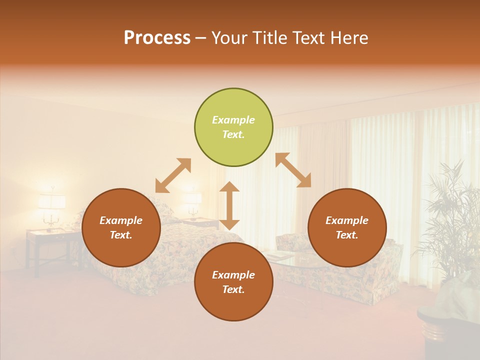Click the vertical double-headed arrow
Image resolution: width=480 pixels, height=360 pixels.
[x=229, y=206]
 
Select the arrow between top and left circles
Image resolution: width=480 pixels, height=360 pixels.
[x=173, y=175]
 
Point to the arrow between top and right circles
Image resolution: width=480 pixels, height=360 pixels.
[x=293, y=170]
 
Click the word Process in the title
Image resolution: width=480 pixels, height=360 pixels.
[x=157, y=38]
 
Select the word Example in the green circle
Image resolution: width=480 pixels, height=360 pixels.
[x=233, y=120]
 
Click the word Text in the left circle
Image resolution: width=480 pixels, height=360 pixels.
[x=121, y=235]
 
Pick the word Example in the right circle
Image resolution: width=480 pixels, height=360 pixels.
[x=347, y=220]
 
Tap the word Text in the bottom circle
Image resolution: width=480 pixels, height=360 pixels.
[x=233, y=289]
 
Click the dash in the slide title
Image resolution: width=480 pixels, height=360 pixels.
[x=201, y=38]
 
